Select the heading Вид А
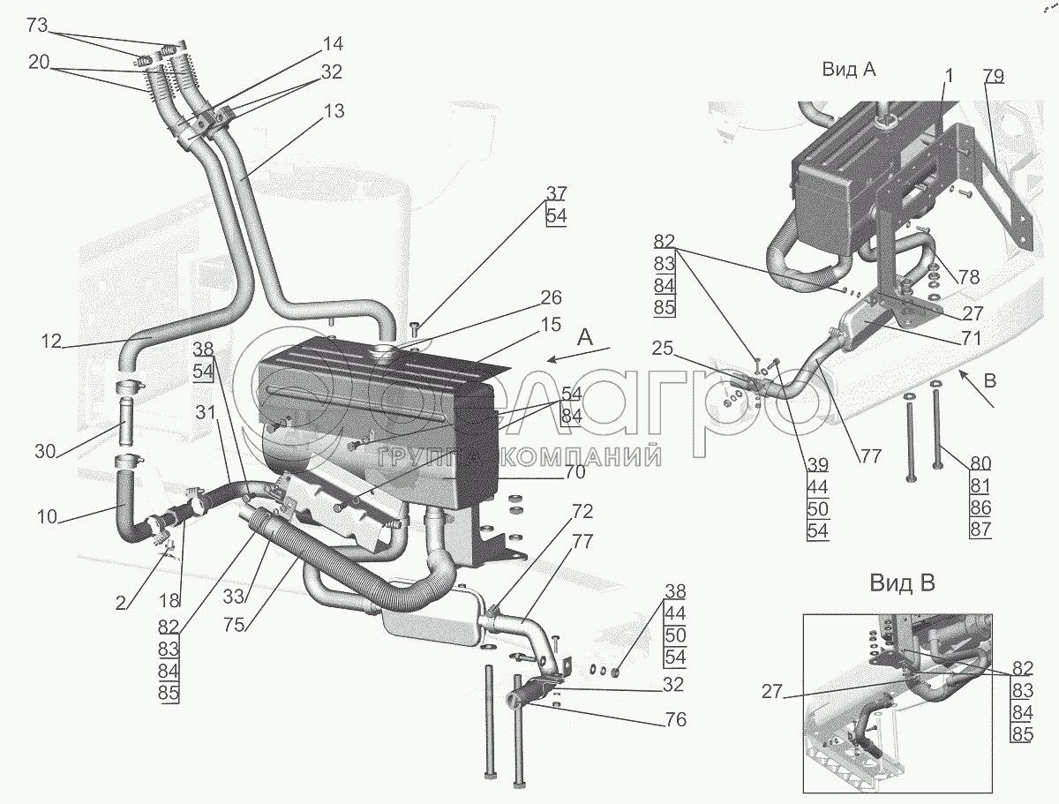[849, 70]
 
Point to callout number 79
[994, 76]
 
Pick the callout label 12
[50, 340]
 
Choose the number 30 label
[45, 452]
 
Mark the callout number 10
[47, 517]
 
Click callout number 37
[556, 193]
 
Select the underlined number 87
[980, 529]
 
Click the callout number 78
[969, 276]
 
